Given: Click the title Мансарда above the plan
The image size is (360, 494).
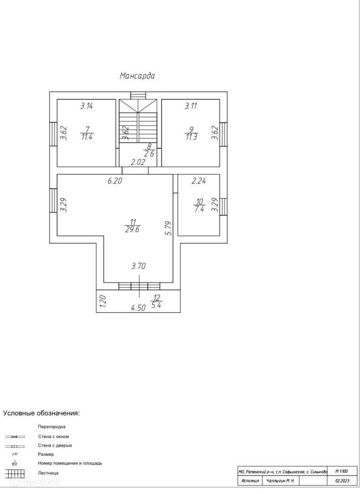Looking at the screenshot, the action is [137, 76].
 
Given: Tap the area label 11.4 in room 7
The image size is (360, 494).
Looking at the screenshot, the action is [86, 137].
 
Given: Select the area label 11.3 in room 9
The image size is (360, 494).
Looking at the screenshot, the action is [191, 137].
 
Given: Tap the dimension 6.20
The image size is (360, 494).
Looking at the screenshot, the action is [115, 181].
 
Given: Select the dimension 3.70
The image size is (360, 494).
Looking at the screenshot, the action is [138, 266].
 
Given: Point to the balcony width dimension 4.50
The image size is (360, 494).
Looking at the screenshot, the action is [138, 308].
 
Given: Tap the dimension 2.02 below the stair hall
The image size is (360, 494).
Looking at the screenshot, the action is [137, 162].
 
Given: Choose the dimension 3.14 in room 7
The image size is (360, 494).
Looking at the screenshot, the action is [86, 106].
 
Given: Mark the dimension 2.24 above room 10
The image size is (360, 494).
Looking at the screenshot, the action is [198, 181].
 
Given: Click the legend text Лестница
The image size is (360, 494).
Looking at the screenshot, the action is [48, 472].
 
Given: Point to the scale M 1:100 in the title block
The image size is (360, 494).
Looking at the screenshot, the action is [342, 471].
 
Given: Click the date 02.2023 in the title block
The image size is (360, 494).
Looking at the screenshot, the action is [342, 481].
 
